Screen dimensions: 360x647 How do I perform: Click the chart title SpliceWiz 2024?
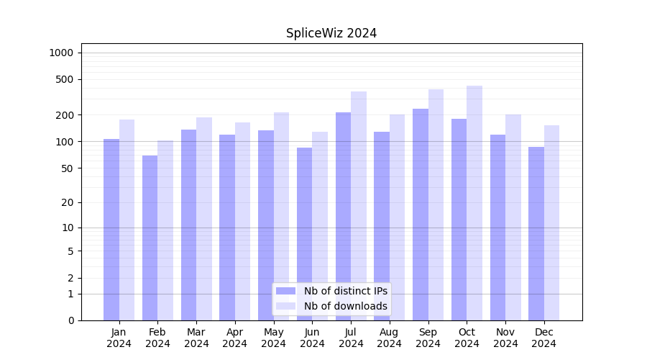(331, 33)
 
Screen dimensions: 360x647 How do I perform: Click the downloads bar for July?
(359, 206)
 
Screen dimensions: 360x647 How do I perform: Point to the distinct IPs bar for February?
(150, 238)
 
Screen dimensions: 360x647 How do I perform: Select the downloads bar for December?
(551, 222)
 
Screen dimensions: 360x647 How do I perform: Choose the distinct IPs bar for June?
(304, 233)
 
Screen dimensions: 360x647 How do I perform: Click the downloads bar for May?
(281, 216)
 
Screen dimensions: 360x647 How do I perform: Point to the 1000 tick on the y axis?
(61, 53)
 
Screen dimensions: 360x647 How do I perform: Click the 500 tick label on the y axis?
(65, 79)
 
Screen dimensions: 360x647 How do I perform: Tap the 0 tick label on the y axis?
(70, 320)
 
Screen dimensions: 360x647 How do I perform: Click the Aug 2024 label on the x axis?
(390, 338)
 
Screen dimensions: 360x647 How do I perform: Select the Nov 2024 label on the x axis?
(505, 338)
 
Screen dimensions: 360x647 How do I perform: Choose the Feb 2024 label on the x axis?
(157, 338)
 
